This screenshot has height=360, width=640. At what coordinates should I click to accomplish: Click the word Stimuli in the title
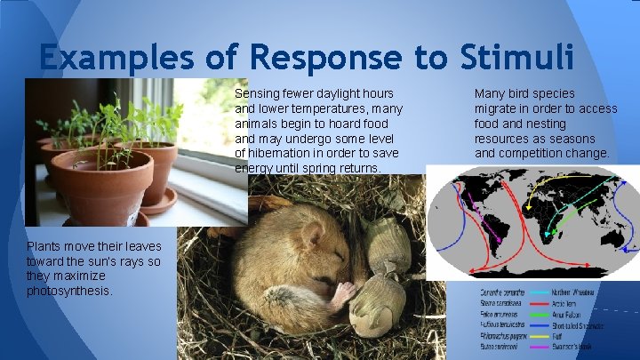point(518,58)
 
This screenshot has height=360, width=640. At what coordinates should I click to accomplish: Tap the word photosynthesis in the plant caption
point(68,291)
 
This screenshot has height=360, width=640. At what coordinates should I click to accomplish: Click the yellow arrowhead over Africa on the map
point(530,207)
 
